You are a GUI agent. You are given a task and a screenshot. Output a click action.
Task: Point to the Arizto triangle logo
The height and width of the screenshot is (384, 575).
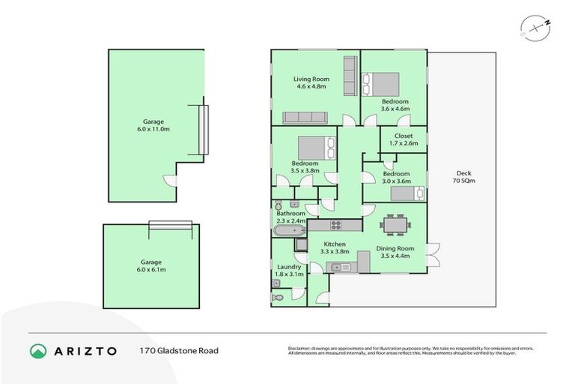[38, 350]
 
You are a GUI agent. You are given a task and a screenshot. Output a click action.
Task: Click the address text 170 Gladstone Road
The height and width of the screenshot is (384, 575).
[178, 350]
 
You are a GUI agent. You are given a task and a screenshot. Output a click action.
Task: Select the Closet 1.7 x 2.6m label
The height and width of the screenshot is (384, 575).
[403, 139]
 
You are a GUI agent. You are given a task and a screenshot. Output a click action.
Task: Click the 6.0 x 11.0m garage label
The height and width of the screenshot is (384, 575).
[153, 125]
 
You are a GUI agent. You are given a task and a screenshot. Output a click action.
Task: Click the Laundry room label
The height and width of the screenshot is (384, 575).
[289, 271]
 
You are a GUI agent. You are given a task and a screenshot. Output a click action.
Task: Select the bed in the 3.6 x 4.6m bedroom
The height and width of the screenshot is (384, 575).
[382, 83]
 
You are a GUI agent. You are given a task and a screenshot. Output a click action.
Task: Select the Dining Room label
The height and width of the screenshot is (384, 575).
[395, 253]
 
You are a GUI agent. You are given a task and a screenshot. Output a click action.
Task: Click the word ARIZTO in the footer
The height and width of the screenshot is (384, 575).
[84, 350]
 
